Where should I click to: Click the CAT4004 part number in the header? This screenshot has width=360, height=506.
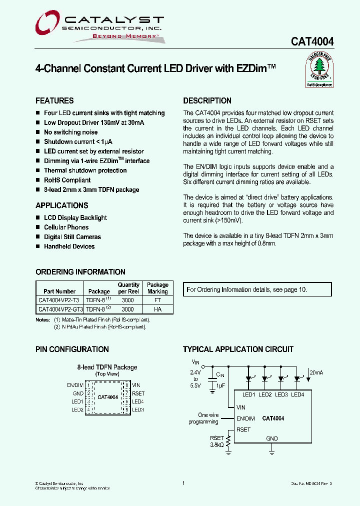(312, 42)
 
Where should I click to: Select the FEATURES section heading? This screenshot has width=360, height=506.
(54, 100)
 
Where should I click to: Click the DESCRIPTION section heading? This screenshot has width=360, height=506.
(207, 100)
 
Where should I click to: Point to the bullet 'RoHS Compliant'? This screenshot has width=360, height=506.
(67, 180)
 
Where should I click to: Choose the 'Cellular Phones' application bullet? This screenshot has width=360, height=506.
(66, 227)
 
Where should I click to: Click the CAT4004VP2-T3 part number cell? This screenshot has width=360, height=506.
(59, 300)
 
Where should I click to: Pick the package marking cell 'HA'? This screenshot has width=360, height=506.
(157, 309)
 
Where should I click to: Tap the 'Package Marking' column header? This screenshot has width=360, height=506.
(157, 288)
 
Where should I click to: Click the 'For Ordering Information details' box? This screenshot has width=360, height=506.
(258, 289)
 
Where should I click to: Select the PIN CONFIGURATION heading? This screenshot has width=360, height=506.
(72, 349)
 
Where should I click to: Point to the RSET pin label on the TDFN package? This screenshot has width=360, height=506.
(138, 393)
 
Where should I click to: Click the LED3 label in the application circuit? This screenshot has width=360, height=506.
(281, 395)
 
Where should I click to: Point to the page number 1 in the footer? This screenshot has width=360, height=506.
(183, 483)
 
